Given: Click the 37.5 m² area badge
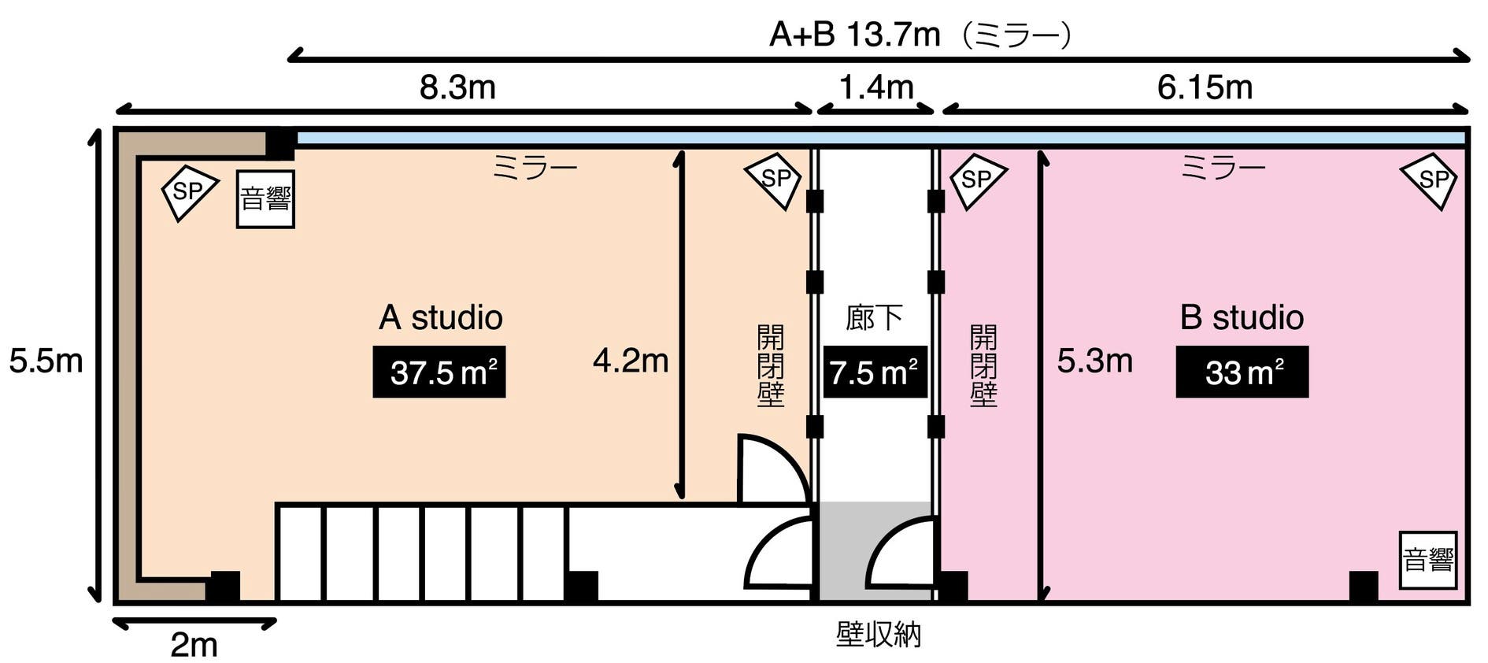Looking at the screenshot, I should (x=439, y=372).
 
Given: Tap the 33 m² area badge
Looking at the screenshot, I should (x=1242, y=372).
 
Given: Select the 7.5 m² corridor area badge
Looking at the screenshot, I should (x=874, y=372).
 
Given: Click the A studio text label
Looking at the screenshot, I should (x=440, y=317).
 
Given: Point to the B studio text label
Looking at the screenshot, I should (x=1242, y=317).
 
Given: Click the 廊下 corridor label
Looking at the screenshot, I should (x=874, y=317).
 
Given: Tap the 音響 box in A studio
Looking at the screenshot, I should (x=265, y=199).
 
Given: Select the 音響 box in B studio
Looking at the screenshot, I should (x=1427, y=561).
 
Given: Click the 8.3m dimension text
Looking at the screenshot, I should (x=457, y=87).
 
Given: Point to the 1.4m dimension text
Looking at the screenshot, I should (x=875, y=87).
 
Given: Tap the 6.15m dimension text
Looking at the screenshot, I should (x=1205, y=87).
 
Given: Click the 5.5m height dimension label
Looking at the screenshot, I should (x=46, y=361).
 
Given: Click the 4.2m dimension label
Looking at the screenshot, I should (x=631, y=361).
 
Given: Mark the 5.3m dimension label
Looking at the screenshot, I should (x=1094, y=361).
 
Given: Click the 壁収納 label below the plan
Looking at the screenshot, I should (x=878, y=635).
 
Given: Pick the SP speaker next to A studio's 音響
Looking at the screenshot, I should (x=188, y=191).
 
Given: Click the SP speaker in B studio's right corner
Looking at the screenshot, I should (x=1431, y=180).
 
